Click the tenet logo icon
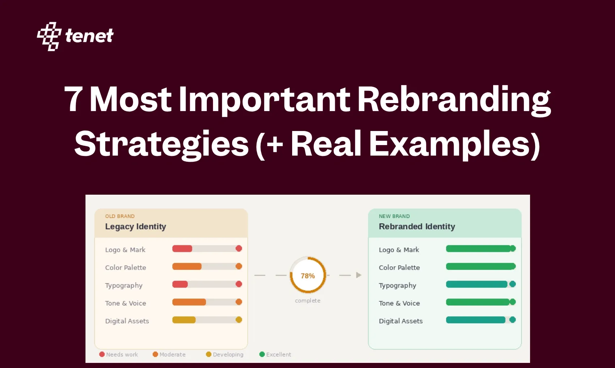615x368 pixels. [49, 36]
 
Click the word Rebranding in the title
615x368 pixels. [454, 100]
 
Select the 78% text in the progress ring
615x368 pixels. [308, 276]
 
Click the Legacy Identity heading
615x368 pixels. [136, 227]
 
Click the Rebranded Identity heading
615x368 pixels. [417, 227]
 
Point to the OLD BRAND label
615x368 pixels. [120, 216]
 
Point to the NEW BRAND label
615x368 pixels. [394, 216]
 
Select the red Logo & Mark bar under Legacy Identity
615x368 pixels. [182, 249]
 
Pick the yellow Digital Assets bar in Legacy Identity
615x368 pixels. [184, 320]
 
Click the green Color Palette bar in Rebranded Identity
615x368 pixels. [480, 267]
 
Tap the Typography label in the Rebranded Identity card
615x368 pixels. [397, 285]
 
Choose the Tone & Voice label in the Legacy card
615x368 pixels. [125, 303]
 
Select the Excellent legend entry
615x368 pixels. [275, 355]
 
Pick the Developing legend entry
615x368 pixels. [225, 355]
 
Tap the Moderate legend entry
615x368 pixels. [169, 355]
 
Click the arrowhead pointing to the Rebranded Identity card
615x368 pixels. [359, 275]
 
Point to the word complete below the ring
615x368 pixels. [308, 301]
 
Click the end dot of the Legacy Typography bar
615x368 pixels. [239, 284]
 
